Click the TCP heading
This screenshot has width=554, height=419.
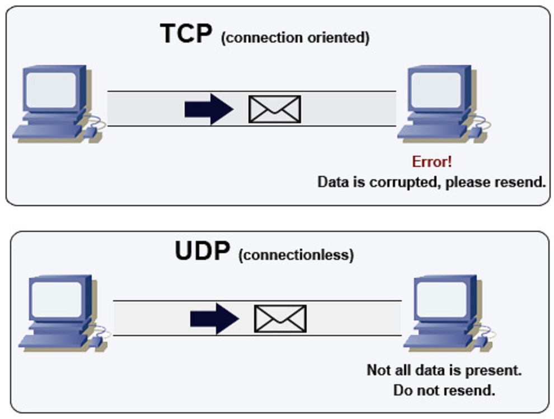tap(186, 34)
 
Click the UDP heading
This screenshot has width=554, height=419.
tap(201, 252)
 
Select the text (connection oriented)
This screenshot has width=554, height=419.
tap(295, 38)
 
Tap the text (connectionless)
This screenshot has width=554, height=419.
tap(296, 255)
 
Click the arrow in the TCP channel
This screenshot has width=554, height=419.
tap(208, 109)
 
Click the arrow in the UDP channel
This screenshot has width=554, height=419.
tap(214, 319)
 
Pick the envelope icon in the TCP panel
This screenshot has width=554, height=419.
tap(275, 109)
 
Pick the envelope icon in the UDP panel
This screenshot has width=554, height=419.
tap(280, 319)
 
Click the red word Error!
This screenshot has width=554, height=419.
tap(431, 162)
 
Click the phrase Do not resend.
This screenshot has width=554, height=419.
tap(444, 390)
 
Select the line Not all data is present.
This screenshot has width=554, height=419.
tap(444, 370)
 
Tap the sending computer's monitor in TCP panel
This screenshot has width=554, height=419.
tap(51, 90)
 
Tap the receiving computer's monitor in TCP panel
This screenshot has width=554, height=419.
tap(436, 90)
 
